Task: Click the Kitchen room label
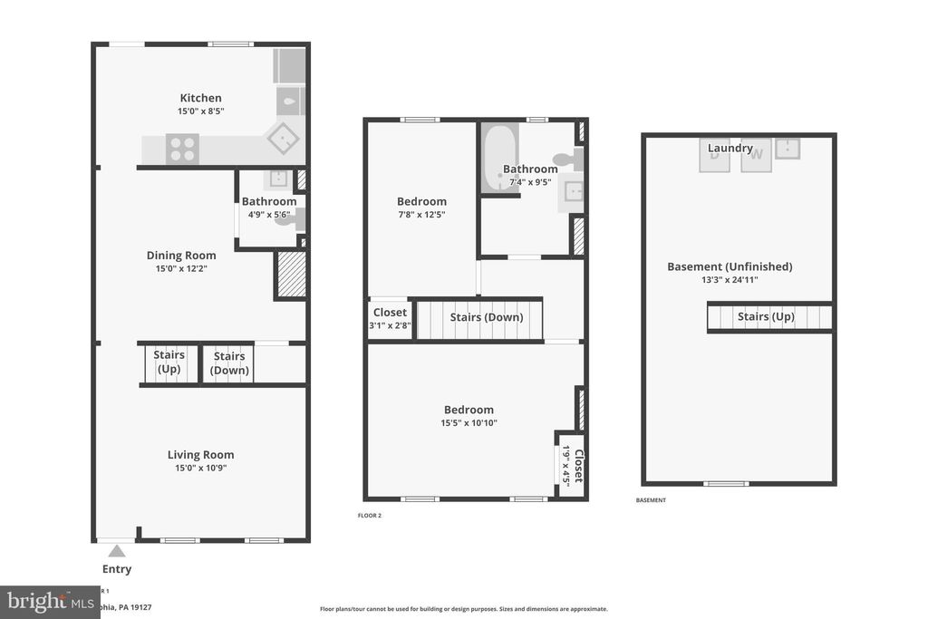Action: (200, 98)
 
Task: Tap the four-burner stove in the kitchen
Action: (182, 149)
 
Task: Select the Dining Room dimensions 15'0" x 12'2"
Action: (181, 269)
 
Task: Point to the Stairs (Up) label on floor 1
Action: (169, 363)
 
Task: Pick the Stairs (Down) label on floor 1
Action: (230, 363)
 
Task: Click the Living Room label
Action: (200, 455)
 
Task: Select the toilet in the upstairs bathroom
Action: (567, 160)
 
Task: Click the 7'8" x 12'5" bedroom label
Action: (421, 202)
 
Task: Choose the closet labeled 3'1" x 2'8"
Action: (390, 318)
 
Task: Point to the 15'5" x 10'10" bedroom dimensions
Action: (469, 423)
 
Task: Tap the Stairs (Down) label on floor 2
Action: (487, 317)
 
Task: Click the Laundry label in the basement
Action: (730, 149)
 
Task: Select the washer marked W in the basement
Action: (758, 154)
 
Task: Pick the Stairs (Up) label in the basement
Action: (766, 316)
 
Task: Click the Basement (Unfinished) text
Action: (730, 266)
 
